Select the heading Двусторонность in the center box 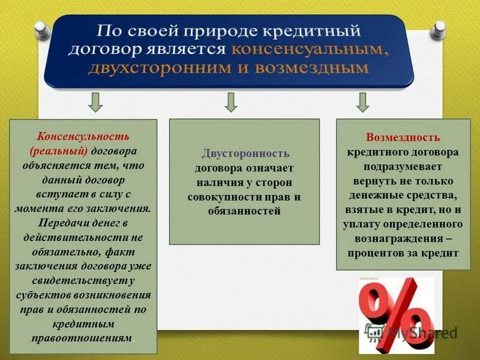click(x=245, y=154)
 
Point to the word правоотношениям click(x=82, y=338)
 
